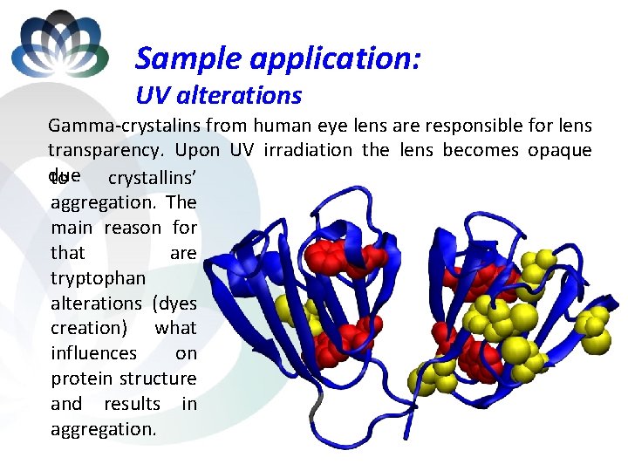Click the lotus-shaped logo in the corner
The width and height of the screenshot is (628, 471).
click(x=58, y=45)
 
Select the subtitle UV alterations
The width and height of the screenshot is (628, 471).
click(x=218, y=95)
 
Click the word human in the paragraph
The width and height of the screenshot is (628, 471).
click(x=281, y=126)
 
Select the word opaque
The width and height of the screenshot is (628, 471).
click(x=559, y=150)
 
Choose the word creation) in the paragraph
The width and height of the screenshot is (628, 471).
click(x=87, y=328)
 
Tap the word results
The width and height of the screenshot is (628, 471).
click(x=133, y=404)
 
